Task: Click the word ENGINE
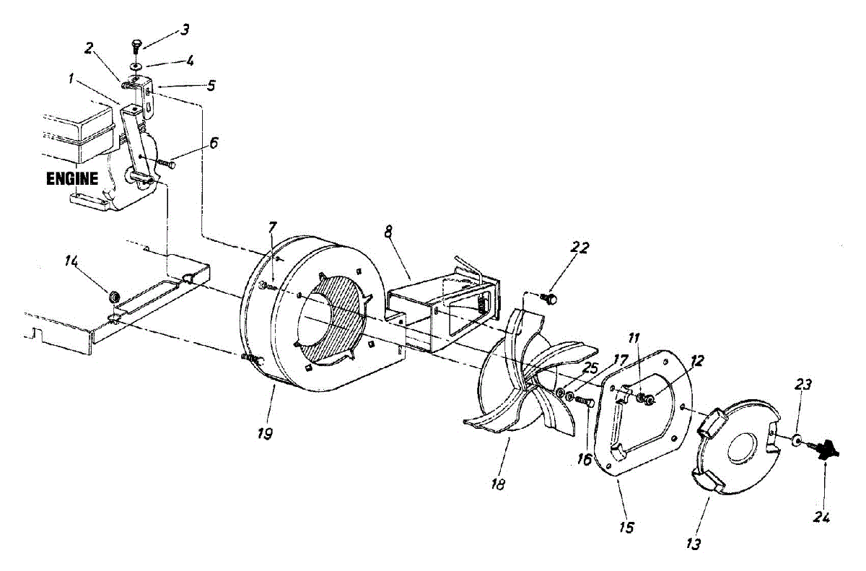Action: click(71, 179)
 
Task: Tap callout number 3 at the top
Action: click(185, 30)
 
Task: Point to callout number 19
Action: click(266, 435)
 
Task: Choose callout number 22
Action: click(580, 248)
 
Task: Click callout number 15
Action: click(626, 528)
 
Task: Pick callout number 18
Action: click(497, 483)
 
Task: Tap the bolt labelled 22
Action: click(551, 296)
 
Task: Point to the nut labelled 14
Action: click(113, 297)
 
